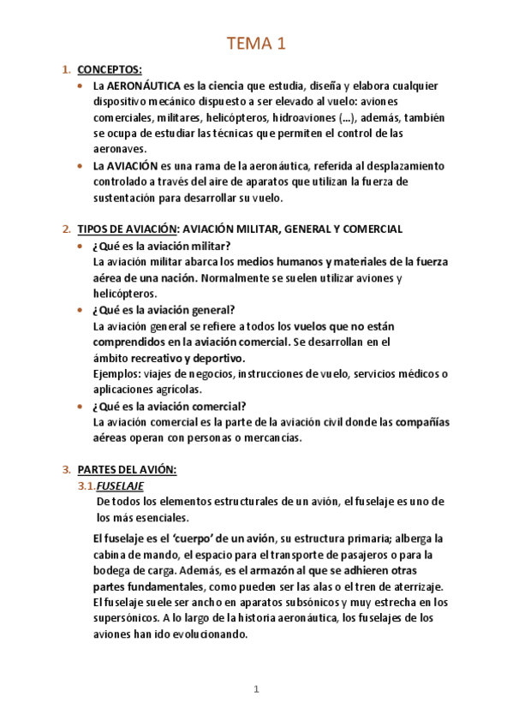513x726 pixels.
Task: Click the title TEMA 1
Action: pyautogui.click(x=256, y=44)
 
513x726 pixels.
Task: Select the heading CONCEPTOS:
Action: pyautogui.click(x=109, y=69)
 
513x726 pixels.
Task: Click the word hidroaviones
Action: pyautogui.click(x=277, y=117)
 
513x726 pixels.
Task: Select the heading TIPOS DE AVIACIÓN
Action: pyautogui.click(x=128, y=229)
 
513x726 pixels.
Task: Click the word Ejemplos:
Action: pyautogui.click(x=118, y=373)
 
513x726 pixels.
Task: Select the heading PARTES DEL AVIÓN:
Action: pyautogui.click(x=126, y=469)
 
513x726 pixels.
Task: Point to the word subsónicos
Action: pyautogui.click(x=313, y=602)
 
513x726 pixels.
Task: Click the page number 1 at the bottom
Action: pyautogui.click(x=256, y=689)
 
